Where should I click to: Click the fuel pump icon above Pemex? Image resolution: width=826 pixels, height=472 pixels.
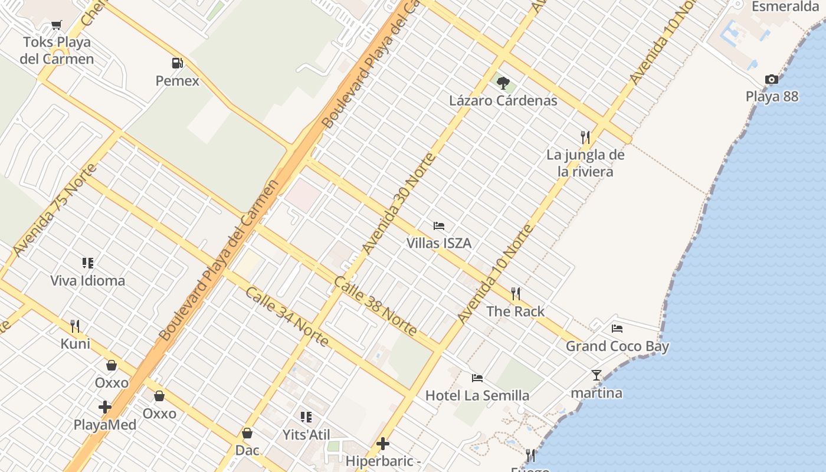pyautogui.click(x=176, y=63)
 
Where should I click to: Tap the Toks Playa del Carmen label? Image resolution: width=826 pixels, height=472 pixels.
pyautogui.click(x=57, y=51)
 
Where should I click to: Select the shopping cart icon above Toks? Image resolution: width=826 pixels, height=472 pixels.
pyautogui.click(x=57, y=25)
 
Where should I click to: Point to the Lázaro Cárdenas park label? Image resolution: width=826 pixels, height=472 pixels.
pyautogui.click(x=503, y=100)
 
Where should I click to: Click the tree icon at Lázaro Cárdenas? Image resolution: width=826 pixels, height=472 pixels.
pyautogui.click(x=503, y=83)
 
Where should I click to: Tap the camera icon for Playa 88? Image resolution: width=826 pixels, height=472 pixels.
pyautogui.click(x=771, y=79)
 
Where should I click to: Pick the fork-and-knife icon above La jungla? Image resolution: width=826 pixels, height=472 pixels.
pyautogui.click(x=585, y=137)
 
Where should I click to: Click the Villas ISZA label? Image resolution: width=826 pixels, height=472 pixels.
pyautogui.click(x=438, y=243)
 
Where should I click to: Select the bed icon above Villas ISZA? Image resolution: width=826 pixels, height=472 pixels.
pyautogui.click(x=438, y=225)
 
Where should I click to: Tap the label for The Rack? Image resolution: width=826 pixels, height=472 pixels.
pyautogui.click(x=515, y=312)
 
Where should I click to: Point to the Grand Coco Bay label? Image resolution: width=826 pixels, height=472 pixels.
pyautogui.click(x=617, y=346)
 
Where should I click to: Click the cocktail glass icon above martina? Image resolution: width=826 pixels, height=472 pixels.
pyautogui.click(x=596, y=375)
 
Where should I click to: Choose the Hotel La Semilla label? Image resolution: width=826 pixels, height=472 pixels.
pyautogui.click(x=477, y=395)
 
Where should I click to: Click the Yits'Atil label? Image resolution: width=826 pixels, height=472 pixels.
pyautogui.click(x=306, y=435)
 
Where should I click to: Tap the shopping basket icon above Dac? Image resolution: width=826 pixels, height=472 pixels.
pyautogui.click(x=247, y=433)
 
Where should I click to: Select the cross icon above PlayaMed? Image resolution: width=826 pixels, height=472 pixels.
pyautogui.click(x=105, y=407)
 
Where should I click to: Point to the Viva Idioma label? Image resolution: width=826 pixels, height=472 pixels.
pyautogui.click(x=87, y=280)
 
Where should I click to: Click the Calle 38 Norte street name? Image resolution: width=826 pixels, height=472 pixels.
pyautogui.click(x=375, y=306)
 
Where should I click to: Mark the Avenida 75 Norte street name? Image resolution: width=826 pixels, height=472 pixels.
pyautogui.click(x=54, y=210)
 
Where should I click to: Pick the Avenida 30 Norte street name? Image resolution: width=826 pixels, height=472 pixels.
pyautogui.click(x=399, y=203)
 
